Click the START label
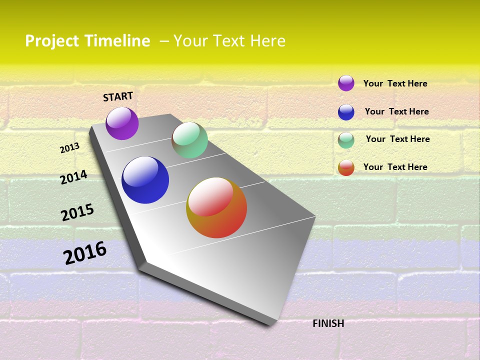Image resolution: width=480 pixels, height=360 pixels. pos(118,96)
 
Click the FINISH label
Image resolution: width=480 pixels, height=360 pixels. pos(328,323)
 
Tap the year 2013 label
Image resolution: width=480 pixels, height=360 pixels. pos(70,147)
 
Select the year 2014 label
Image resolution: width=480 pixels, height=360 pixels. pos(73,177)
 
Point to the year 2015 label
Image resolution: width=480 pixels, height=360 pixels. pos(77,212)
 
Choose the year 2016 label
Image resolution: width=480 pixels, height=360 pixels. pos(85,253)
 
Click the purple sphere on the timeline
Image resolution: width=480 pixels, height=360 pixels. pos(122,123)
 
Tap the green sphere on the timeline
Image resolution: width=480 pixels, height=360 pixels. pos(189,140)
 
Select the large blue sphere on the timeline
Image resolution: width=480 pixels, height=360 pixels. pos(145,180)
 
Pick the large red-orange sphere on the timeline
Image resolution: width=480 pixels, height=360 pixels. pos(216,207)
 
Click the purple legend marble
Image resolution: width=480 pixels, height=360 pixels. pos(346,83)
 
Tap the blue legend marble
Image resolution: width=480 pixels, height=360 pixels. pos(346,112)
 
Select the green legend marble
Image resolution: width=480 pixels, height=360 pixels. pos(346,140)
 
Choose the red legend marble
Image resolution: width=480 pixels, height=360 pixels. pos(346,167)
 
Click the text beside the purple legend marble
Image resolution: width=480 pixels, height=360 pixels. pos(395,83)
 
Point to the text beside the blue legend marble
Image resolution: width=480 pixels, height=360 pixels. pos(396,111)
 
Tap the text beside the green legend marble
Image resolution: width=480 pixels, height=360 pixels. pos(397,139)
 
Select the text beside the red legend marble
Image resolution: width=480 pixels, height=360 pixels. pos(395,167)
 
